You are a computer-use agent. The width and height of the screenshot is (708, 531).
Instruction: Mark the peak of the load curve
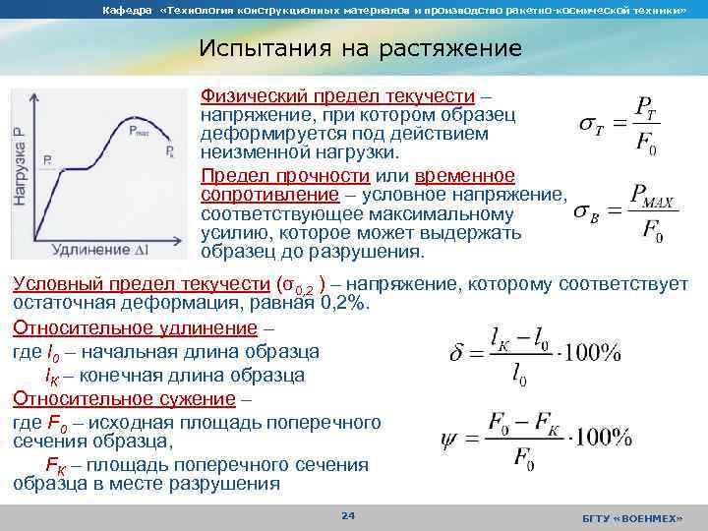(x=146, y=142)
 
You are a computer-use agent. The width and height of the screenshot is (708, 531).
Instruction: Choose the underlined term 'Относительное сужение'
(x=124, y=398)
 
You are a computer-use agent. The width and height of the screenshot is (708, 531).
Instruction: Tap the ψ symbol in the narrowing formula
(x=450, y=438)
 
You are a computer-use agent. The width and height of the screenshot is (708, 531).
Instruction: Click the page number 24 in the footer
(x=347, y=515)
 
